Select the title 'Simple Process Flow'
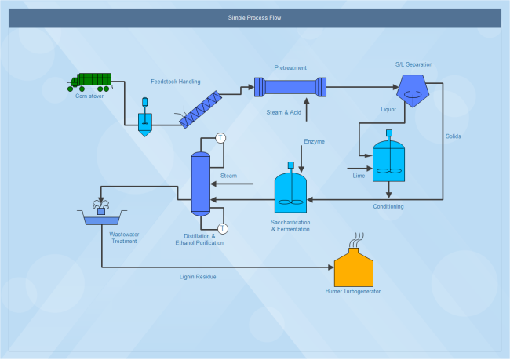click(254, 17)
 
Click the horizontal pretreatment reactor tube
click(290, 86)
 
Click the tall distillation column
click(202, 184)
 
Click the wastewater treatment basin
click(101, 216)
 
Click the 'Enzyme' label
click(314, 141)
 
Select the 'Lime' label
click(359, 176)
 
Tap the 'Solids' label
click(454, 137)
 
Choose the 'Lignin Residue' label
click(198, 277)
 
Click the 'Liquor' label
click(389, 110)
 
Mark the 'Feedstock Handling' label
click(176, 82)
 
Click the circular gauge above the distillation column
click(221, 138)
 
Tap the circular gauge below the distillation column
click(223, 229)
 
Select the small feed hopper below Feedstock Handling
click(145, 121)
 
